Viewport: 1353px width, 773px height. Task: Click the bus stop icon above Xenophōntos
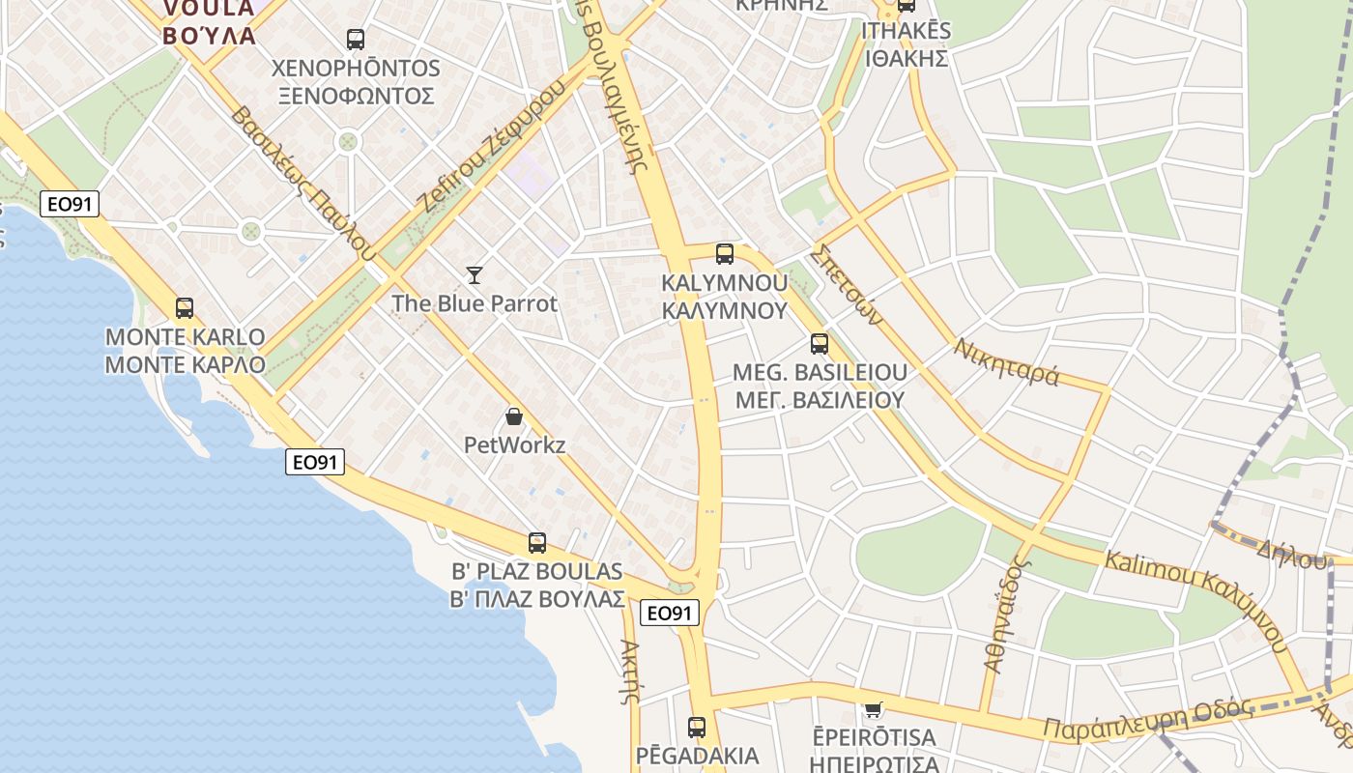(x=356, y=40)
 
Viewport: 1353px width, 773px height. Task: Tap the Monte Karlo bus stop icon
(x=185, y=308)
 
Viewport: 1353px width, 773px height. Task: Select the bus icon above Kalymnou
(x=724, y=254)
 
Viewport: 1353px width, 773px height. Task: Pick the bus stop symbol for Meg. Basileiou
(x=820, y=344)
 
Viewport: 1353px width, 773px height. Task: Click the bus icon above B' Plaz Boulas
(x=537, y=543)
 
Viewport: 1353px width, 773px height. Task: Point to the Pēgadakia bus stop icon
(x=697, y=728)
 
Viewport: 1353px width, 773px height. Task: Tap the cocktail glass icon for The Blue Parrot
(x=474, y=275)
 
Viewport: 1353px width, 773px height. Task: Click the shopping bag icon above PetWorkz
(x=514, y=416)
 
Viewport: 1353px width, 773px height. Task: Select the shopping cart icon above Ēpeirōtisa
(x=874, y=710)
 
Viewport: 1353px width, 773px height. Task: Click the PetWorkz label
(x=514, y=445)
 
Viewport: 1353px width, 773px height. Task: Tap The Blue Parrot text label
(x=475, y=303)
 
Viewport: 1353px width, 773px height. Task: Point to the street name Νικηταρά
(x=1006, y=361)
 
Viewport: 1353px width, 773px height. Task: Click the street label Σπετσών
(x=847, y=282)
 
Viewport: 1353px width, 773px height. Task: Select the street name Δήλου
(x=1291, y=552)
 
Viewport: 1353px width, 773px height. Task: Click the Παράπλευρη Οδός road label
(x=1148, y=720)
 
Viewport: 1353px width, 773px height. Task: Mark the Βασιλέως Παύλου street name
(x=302, y=184)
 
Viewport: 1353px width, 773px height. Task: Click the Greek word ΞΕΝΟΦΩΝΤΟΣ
(x=356, y=96)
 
